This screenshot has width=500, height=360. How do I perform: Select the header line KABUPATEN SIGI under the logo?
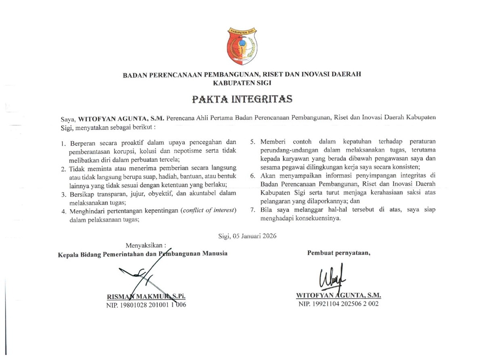[242, 83]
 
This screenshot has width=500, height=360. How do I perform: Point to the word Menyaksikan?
[146, 245]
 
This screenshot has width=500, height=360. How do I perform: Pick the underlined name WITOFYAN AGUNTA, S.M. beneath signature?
[339, 295]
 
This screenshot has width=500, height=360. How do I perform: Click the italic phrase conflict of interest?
[209, 211]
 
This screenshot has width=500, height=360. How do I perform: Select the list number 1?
[63, 144]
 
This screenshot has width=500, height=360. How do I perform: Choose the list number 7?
[253, 210]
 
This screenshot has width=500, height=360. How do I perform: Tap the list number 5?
[253, 142]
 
